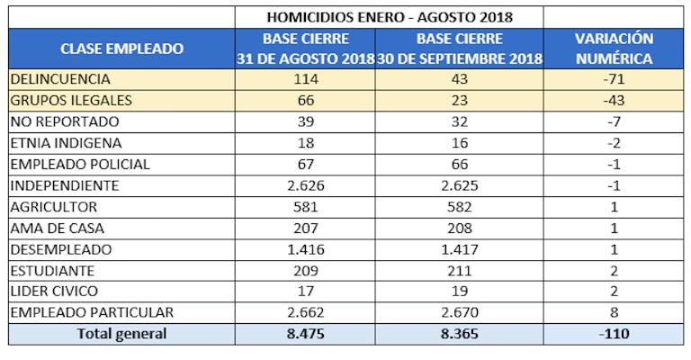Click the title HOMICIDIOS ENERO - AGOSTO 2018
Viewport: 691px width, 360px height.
tap(390, 17)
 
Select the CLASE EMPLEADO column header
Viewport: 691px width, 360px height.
tap(121, 49)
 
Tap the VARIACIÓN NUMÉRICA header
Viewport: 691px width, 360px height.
tap(615, 49)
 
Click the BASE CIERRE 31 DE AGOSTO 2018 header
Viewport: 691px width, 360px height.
tap(306, 49)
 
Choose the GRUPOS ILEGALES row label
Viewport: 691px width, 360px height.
tap(71, 100)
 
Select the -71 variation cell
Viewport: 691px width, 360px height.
tap(615, 79)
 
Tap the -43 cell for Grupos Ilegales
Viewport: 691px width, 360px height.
tap(615, 100)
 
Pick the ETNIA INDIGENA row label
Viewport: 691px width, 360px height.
tap(66, 142)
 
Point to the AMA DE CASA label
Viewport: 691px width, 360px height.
tap(56, 228)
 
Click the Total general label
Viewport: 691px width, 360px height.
tap(121, 334)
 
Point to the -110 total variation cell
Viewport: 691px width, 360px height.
tap(615, 334)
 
